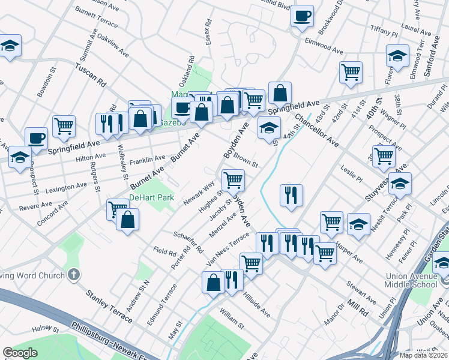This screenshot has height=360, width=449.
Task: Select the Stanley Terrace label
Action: pyautogui.click(x=109, y=305)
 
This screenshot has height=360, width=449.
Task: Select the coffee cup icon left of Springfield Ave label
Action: pyautogui.click(x=36, y=137)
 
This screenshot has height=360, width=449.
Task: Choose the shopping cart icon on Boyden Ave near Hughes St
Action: pyautogui.click(x=232, y=179)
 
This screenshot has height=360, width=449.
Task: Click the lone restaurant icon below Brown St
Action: pyautogui.click(x=291, y=194)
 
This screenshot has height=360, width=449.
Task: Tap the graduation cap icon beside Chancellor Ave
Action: pyautogui.click(x=270, y=127)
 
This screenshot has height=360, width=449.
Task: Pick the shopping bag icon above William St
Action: pyautogui.click(x=214, y=281)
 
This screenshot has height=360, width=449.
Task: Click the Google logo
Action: pyautogui.click(x=20, y=353)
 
